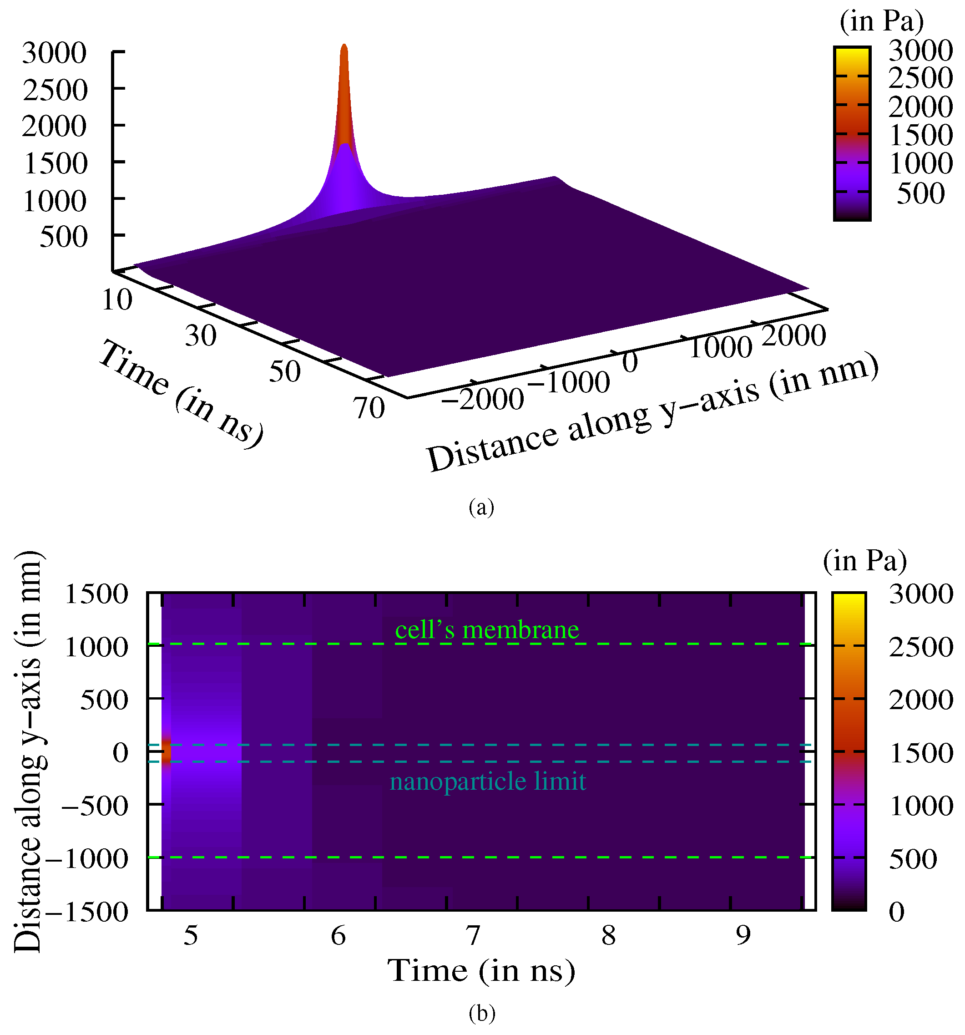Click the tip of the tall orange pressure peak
coord(344,47)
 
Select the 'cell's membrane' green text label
coord(487,630)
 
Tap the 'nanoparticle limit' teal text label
coord(488,781)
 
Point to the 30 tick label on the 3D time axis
coord(200,336)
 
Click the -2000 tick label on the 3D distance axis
coord(482,400)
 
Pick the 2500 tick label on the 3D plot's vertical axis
coord(55,90)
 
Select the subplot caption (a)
coord(481,507)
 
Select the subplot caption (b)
coord(482,1013)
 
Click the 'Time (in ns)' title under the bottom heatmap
coord(481,970)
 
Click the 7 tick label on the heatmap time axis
coord(473,936)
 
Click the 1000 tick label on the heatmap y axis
coord(96,647)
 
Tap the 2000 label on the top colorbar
coord(920,107)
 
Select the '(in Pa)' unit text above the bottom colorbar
coord(865,561)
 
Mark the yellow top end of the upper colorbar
coord(852,52)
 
